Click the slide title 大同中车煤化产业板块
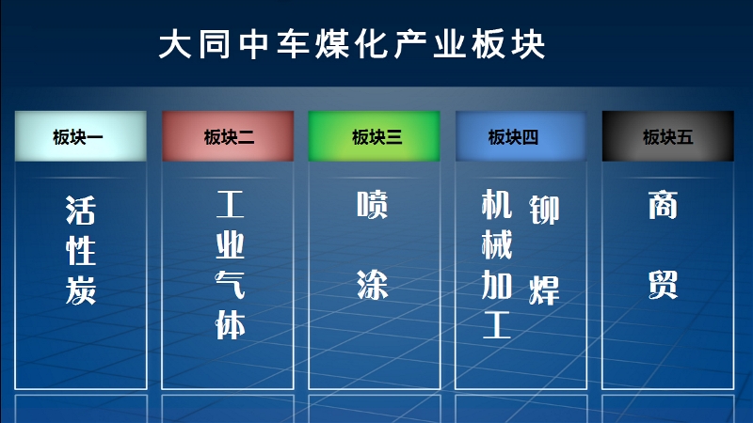pyautogui.click(x=352, y=44)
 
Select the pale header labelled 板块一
pyautogui.click(x=81, y=136)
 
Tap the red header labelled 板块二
pyautogui.click(x=228, y=136)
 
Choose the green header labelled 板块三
pyautogui.click(x=374, y=136)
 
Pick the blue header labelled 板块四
pyautogui.click(x=521, y=136)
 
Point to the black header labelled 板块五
pyautogui.click(x=668, y=136)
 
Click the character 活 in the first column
pyautogui.click(x=81, y=210)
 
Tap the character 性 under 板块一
pyautogui.click(x=81, y=250)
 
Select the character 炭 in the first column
pyautogui.click(x=81, y=290)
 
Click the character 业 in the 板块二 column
pyautogui.click(x=230, y=245)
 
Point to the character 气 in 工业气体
pyautogui.click(x=230, y=285)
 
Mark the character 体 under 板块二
pyautogui.click(x=230, y=324)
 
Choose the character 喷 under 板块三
pyautogui.click(x=372, y=205)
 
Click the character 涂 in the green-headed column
pyautogui.click(x=372, y=285)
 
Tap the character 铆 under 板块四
pyautogui.click(x=544, y=210)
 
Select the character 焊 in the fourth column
pyautogui.click(x=544, y=290)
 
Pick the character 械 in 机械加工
pyautogui.click(x=497, y=244)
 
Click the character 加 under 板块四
pyautogui.click(x=497, y=285)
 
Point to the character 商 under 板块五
pyautogui.click(x=664, y=205)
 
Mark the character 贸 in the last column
pyautogui.click(x=664, y=285)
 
